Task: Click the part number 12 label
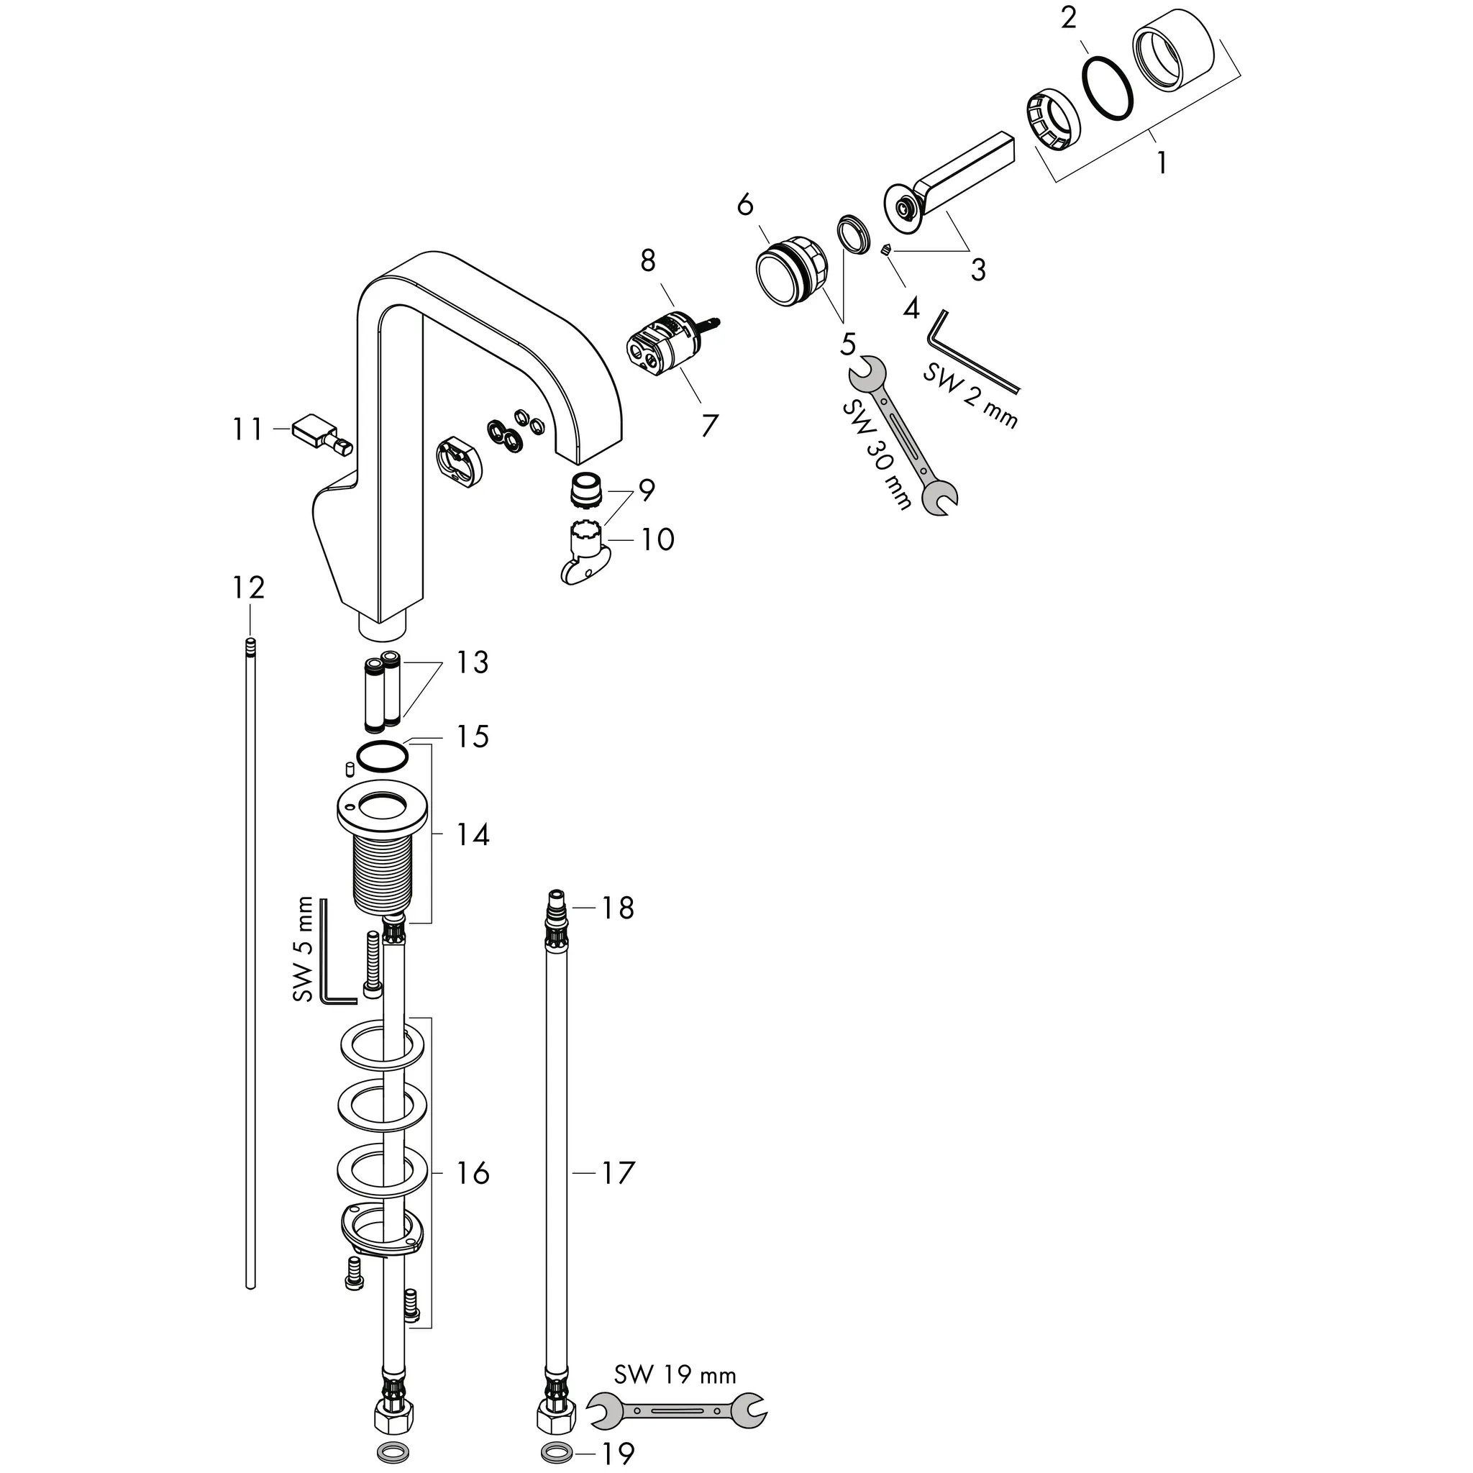[249, 588]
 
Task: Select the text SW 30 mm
[877, 455]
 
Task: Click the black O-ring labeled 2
[1107, 87]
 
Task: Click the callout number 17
[619, 1173]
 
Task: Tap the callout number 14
[472, 835]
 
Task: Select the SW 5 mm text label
[303, 949]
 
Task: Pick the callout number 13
[472, 662]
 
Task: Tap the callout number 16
[472, 1173]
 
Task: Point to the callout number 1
[1160, 162]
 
